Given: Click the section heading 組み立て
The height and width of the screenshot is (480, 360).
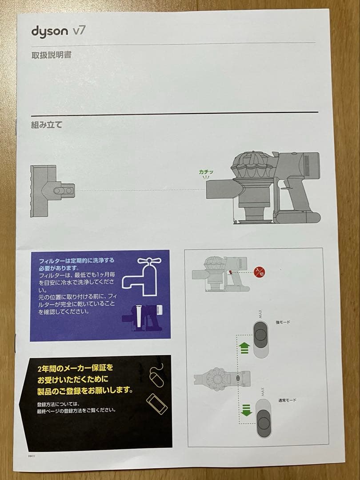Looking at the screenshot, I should click(47, 124).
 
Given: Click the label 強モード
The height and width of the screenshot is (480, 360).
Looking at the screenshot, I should click(283, 322).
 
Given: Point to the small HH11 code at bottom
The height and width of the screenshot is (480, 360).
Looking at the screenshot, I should click(31, 456).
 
